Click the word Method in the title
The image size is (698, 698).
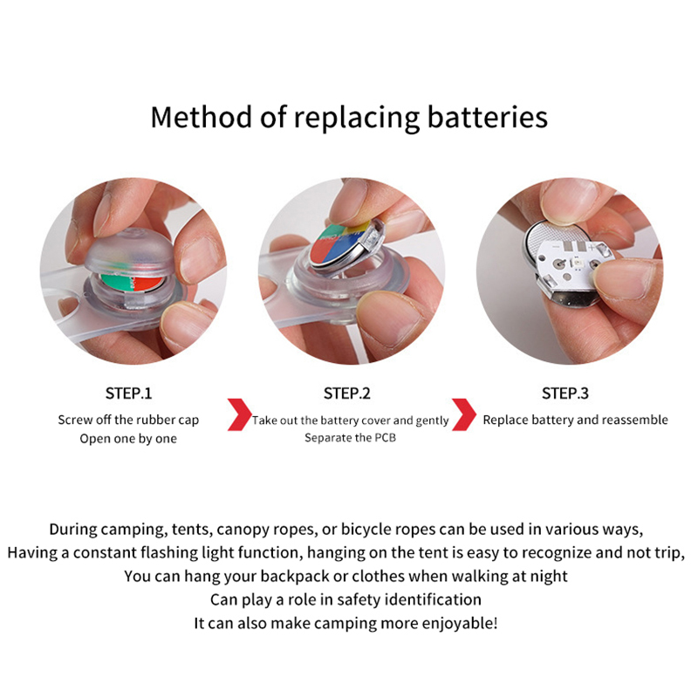pyautogui.click(x=202, y=117)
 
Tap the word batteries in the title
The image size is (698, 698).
pyautogui.click(x=488, y=117)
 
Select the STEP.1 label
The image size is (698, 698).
pyautogui.click(x=128, y=393)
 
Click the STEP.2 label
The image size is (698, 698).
pyautogui.click(x=346, y=393)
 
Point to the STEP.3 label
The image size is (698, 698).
pyautogui.click(x=565, y=393)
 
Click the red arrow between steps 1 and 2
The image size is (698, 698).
pyautogui.click(x=240, y=414)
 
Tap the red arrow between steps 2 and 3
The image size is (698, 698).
pyautogui.click(x=464, y=414)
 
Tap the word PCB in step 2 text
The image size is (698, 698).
pyautogui.click(x=385, y=438)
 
